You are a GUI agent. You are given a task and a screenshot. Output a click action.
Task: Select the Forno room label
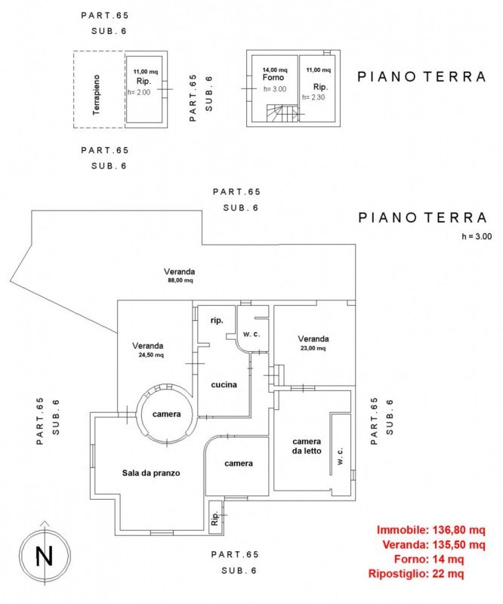[x=273, y=79]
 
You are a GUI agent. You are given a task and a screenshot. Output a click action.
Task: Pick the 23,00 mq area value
[x=311, y=349]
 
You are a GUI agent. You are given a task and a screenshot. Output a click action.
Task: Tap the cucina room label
[x=224, y=384]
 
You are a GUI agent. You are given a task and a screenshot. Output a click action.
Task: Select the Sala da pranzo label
[x=151, y=473]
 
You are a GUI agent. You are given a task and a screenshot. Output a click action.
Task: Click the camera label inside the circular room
[x=165, y=414]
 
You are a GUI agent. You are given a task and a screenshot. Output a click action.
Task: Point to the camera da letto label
[x=307, y=446]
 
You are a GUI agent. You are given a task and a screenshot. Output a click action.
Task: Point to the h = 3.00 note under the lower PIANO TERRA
[x=476, y=236]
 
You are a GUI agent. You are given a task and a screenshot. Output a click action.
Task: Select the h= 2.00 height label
[x=139, y=92]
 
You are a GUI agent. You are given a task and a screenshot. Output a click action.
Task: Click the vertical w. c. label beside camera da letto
[x=341, y=459]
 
